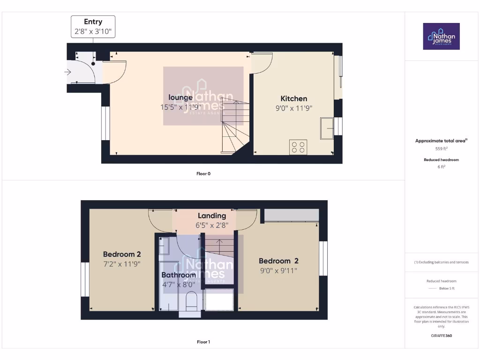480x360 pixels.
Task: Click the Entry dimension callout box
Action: pos(93,27)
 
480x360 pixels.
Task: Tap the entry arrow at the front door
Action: pos(68,72)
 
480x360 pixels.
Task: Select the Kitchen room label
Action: pos(294,98)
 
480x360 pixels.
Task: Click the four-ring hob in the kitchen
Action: pos(298,147)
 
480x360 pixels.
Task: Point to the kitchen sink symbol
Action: pos(327,128)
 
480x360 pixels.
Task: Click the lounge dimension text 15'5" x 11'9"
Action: pos(180,107)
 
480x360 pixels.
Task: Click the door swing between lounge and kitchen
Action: pos(262,63)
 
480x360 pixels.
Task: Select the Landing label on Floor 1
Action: pos(212,216)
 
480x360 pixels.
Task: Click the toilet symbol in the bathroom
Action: pos(192,301)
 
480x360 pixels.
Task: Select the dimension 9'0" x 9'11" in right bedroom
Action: pos(278,270)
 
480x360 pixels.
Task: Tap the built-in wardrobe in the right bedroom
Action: pos(292,215)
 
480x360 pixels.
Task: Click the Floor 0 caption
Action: pos(203,173)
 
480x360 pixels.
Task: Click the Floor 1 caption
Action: pos(203,342)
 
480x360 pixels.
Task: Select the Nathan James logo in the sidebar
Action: pos(441,36)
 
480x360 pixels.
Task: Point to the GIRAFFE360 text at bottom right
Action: pos(441,336)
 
